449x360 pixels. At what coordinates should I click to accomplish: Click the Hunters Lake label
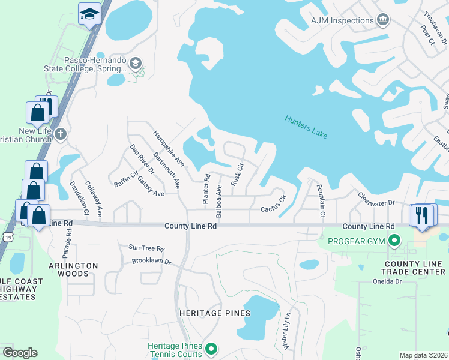306,127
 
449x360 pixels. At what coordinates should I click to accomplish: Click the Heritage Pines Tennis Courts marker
211,349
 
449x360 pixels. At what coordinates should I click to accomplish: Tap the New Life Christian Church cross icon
59,134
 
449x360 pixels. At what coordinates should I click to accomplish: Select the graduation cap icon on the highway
89,13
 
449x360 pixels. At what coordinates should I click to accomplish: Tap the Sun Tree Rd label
146,247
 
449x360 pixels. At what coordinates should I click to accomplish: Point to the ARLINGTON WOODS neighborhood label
77,269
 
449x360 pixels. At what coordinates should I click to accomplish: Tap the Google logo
20,353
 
